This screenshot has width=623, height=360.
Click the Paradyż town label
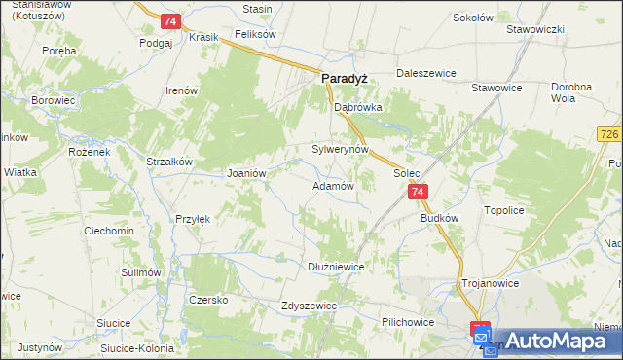(344, 82)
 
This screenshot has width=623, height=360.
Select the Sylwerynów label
(340, 150)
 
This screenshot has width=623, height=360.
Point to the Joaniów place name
(246, 173)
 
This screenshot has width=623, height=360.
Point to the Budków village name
(439, 219)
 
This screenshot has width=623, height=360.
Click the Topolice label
(505, 209)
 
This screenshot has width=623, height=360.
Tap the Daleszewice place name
(426, 73)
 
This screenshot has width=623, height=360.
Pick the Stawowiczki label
(535, 29)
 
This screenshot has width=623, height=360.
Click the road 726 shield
(610, 132)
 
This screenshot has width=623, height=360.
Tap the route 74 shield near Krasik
(170, 21)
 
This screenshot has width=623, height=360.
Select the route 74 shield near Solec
(417, 194)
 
